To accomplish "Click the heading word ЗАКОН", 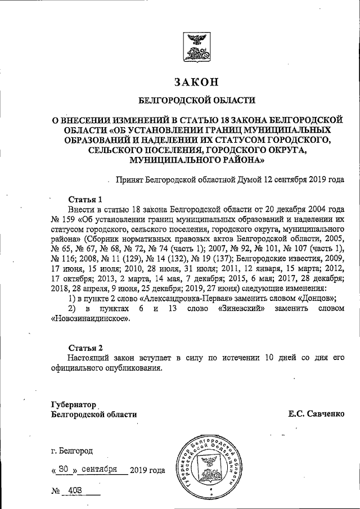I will tap(196, 82).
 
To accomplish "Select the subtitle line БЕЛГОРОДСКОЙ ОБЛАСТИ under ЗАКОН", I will tap(196, 101).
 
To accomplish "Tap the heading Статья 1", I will tap(85, 200).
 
